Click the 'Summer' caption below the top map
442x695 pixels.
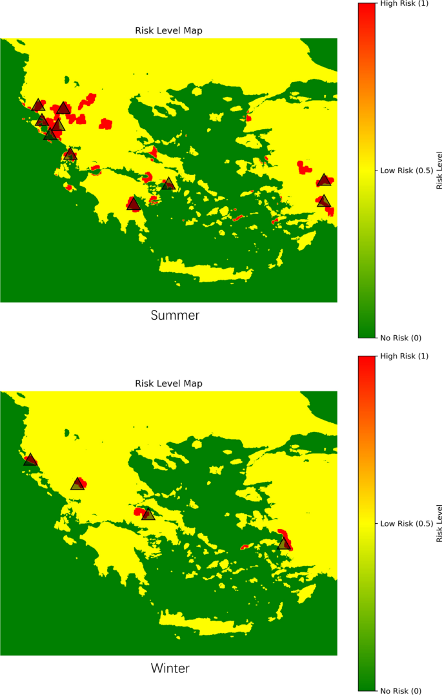pos(175,315)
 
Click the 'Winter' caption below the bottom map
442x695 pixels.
pos(170,668)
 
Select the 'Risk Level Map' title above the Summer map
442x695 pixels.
pos(168,30)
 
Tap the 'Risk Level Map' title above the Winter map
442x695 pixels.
pos(168,384)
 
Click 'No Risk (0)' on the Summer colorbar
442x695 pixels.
pos(401,338)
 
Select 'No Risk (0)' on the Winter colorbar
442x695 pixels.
pos(401,690)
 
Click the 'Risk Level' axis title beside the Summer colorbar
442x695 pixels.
pos(439,171)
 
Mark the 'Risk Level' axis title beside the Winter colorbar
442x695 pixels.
pos(439,523)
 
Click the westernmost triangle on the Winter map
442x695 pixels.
pos(30,459)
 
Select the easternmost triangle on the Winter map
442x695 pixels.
pos(284,544)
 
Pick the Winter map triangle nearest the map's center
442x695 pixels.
pos(148,514)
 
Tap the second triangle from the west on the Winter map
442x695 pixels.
pos(77,484)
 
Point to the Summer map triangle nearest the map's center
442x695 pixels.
pos(168,183)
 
